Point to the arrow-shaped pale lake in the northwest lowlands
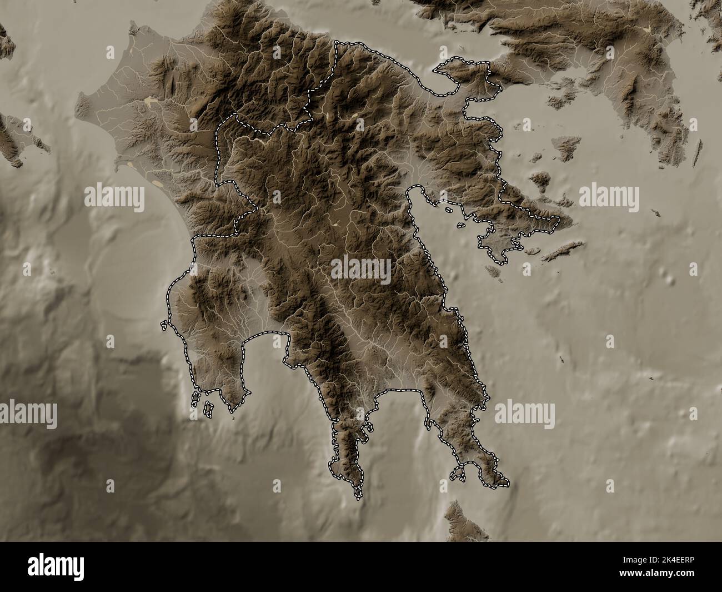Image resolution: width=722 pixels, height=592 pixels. pyautogui.click(x=150, y=101)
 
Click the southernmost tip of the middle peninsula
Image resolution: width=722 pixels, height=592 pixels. pyautogui.click(x=359, y=495)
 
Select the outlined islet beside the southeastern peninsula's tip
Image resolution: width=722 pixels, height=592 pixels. pyautogui.click(x=458, y=473)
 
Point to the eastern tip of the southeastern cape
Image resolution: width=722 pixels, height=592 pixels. pyautogui.click(x=508, y=483)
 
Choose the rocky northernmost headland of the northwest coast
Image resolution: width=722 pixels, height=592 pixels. pyautogui.click(x=132, y=28)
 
